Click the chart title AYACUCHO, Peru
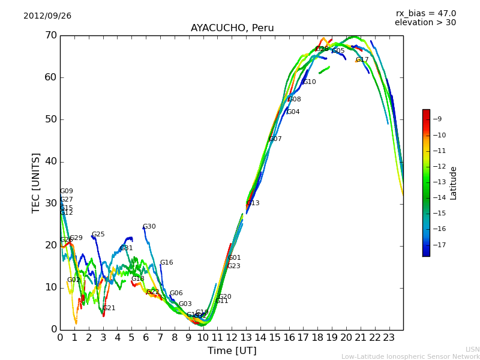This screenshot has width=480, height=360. coord(232,28)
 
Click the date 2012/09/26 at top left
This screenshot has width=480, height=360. coord(47,16)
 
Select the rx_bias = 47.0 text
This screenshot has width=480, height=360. coord(425,14)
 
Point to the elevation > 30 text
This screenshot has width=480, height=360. coord(425,23)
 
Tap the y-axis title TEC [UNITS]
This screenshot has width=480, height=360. coord(36,182)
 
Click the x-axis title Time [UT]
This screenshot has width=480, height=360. coord(232,351)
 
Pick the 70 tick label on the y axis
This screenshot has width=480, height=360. coord(50,35)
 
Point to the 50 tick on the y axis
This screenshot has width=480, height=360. coord(50,119)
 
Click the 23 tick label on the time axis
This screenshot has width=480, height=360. coord(389,337)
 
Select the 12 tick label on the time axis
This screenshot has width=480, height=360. coord(232,337)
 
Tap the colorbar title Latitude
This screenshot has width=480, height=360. coord(454,182)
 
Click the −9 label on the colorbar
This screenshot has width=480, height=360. coord(439,119)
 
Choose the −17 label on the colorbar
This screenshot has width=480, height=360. coord(439,245)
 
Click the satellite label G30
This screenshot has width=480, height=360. coord(149,227)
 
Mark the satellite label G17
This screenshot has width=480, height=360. coord(362,60)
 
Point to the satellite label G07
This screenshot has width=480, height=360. coord(275,139)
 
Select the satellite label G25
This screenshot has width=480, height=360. coord(98,235)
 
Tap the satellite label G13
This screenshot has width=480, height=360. coord(253,203)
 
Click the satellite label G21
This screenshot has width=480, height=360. coord(109,308)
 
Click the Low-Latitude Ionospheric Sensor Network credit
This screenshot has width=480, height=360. coord(410,357)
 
